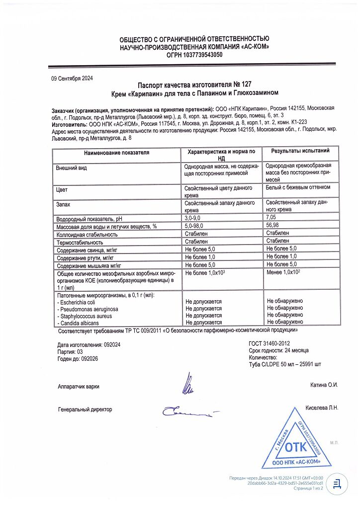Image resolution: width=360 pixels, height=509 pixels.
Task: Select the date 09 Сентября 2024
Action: (72, 78)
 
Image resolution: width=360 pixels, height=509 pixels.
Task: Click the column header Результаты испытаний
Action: (300, 151)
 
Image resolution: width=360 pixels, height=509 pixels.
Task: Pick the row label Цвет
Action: (62, 190)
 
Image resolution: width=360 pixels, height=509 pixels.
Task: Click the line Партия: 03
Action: (72, 351)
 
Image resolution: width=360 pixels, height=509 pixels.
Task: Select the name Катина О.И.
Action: (324, 385)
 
